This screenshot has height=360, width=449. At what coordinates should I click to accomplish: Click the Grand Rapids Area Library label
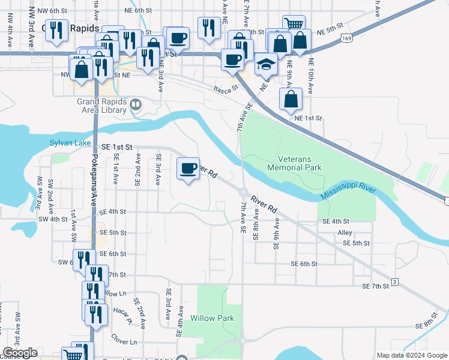coord(101,106)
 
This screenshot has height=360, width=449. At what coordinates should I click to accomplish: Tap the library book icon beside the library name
coord(136,106)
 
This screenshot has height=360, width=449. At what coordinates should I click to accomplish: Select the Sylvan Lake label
coord(70,143)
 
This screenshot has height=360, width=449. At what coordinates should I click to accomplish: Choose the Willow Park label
coord(212,317)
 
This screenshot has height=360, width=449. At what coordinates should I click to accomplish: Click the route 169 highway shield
coord(345,38)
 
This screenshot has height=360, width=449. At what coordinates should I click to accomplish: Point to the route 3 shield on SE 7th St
coord(394,281)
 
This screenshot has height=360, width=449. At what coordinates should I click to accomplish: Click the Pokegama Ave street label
coord(94,180)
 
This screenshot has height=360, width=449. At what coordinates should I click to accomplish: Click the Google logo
coord(20,353)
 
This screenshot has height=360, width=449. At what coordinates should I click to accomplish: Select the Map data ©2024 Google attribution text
coord(411,355)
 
